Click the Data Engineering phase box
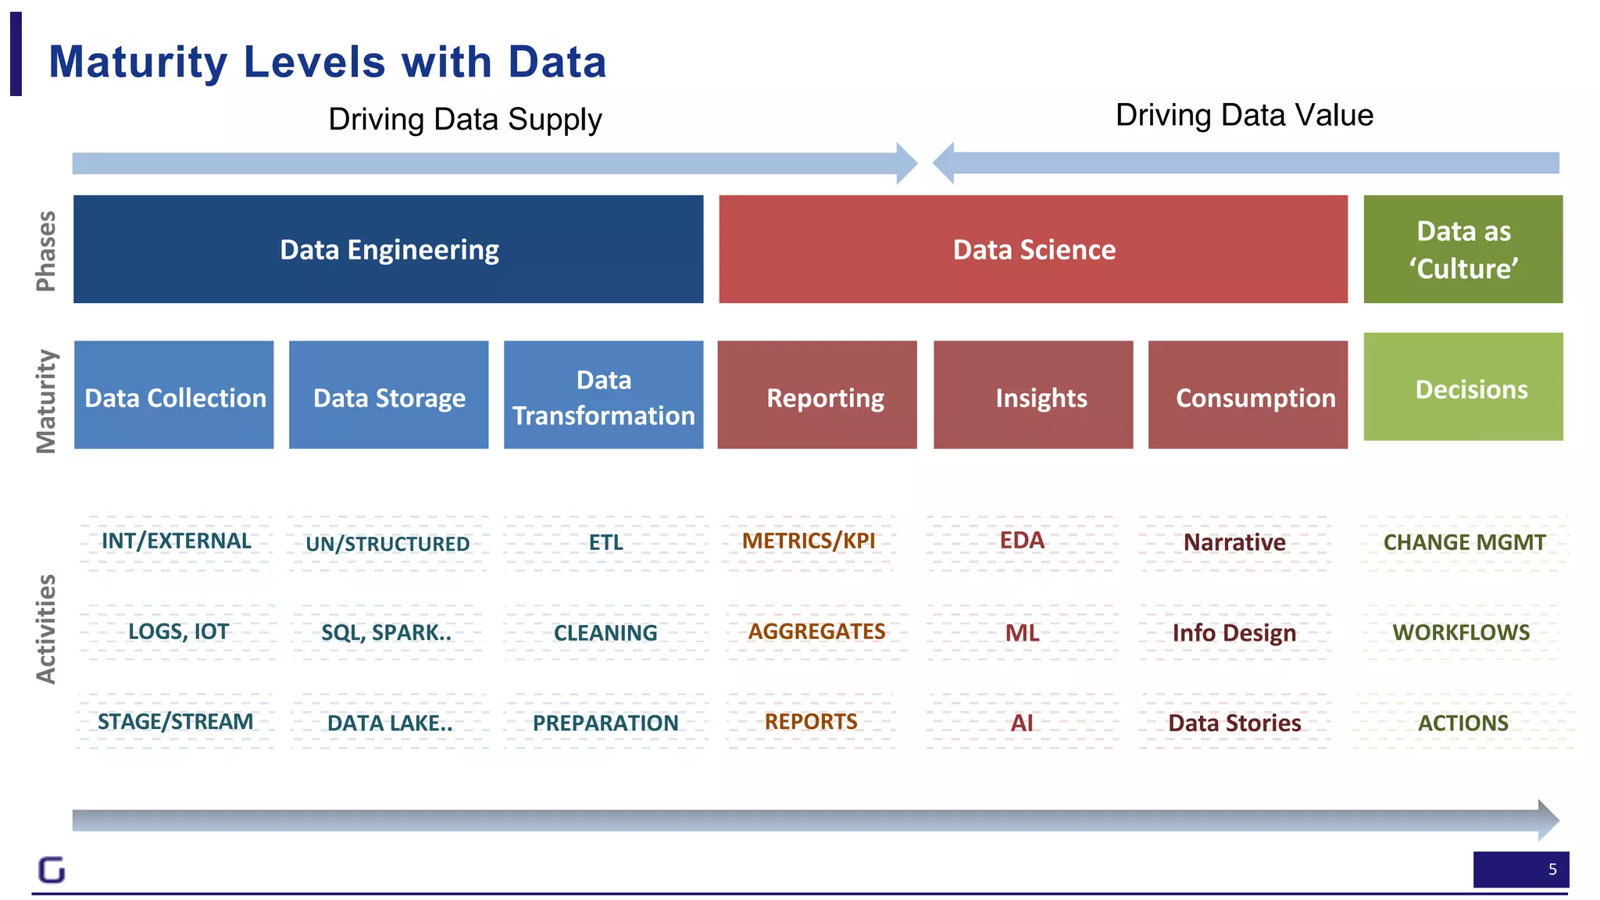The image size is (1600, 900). click(388, 249)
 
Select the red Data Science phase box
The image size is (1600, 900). click(1033, 249)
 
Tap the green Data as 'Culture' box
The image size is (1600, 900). click(1462, 249)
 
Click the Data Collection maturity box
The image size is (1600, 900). click(174, 395)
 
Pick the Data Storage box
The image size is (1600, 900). click(388, 395)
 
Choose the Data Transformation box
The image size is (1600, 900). click(603, 395)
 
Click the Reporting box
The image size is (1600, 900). click(817, 395)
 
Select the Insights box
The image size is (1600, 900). click(1033, 395)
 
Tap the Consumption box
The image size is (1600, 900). click(1248, 395)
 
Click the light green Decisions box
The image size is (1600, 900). click(1462, 387)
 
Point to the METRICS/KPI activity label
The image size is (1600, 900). click(809, 541)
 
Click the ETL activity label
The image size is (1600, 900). click(606, 542)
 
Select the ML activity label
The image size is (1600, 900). click(1022, 632)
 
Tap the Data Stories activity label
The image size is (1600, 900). click(1234, 723)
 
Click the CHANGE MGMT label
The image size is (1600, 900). click(1464, 542)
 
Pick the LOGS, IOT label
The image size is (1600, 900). click(178, 631)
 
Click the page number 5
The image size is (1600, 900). click(1552, 870)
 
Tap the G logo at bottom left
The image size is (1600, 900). click(52, 870)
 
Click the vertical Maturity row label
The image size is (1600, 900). click(46, 401)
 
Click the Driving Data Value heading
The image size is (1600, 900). click(1244, 115)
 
